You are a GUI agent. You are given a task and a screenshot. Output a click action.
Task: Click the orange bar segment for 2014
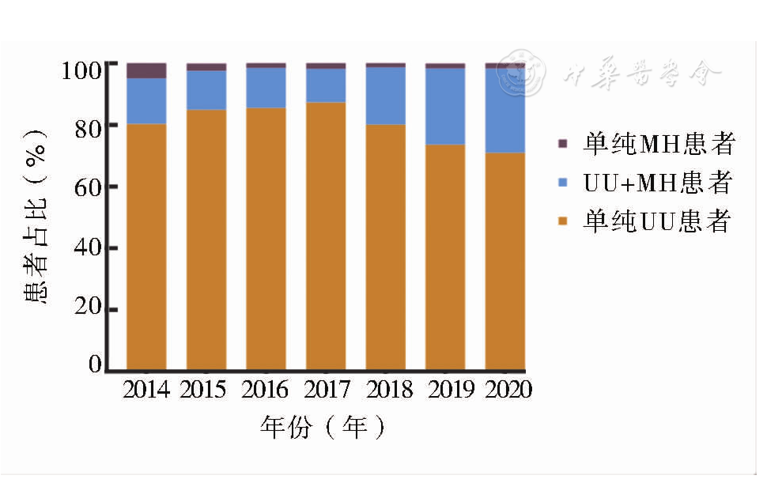[146, 246]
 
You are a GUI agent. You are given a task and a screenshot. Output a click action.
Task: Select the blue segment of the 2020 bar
[505, 110]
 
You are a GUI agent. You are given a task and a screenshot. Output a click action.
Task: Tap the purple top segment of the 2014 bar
[146, 70]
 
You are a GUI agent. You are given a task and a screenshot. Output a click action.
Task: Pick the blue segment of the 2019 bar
[445, 106]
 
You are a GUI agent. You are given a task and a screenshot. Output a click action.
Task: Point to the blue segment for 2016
[266, 87]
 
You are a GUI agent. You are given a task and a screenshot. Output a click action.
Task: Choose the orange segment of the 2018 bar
[385, 246]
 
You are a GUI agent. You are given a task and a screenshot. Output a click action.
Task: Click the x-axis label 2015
[203, 390]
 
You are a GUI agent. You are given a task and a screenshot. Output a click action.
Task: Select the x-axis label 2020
[508, 390]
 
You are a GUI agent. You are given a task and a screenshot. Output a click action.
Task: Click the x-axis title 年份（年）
[325, 428]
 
